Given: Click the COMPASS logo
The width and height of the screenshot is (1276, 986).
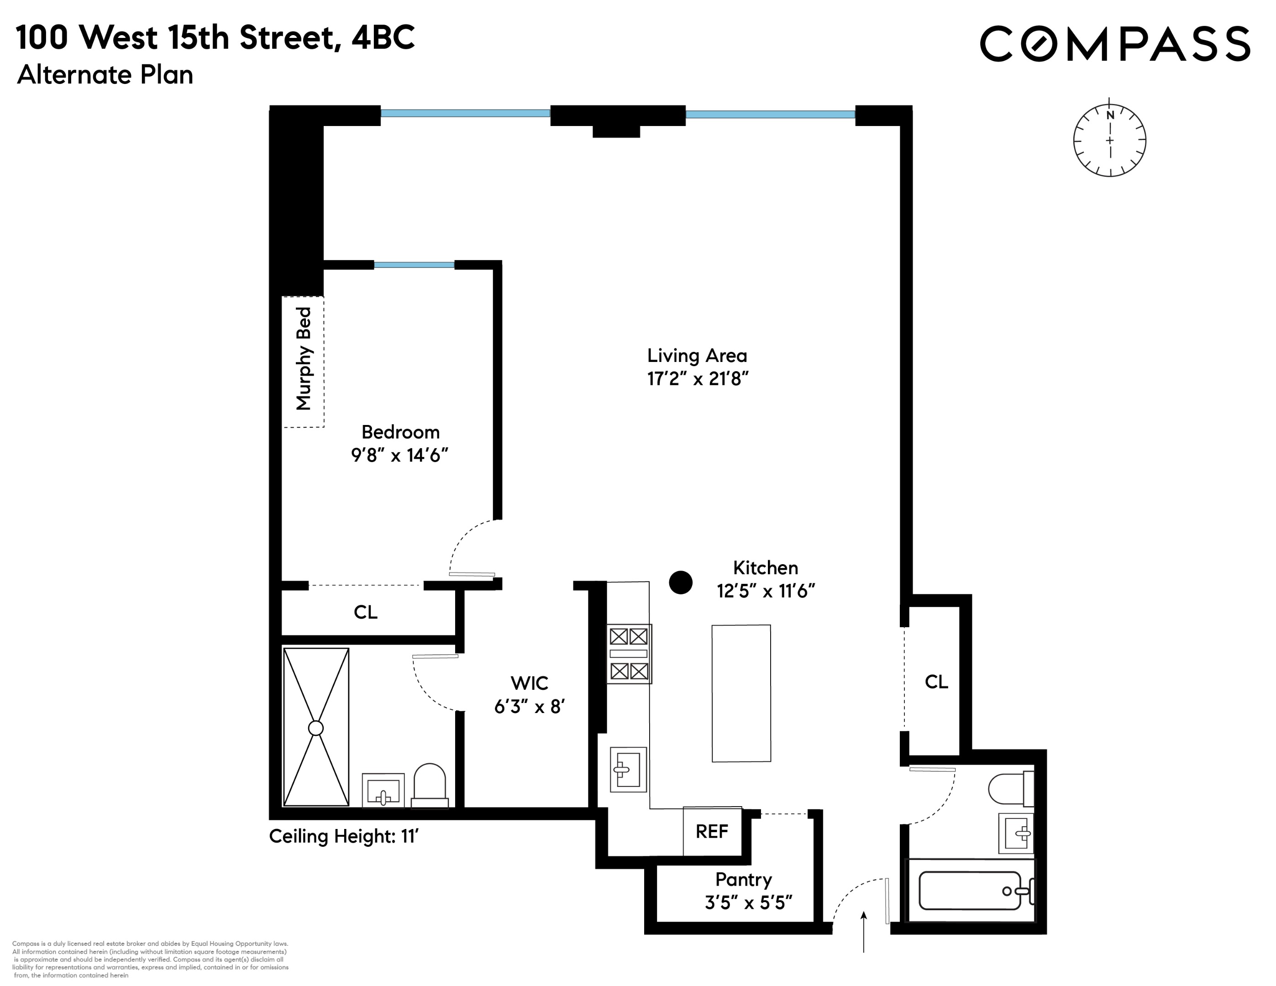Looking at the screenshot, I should pos(1114,44).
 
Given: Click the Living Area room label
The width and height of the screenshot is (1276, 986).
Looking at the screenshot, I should pos(696,355).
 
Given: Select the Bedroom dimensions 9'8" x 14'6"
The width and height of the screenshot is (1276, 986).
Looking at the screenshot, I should pos(399,455).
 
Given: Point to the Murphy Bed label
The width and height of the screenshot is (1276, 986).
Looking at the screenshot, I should pos(304,359).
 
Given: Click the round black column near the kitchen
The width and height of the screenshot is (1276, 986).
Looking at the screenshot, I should pos(680,582).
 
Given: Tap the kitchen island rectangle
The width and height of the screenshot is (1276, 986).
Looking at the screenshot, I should pos(741,693).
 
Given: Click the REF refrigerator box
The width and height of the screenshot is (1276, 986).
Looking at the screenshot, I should pos(712,832).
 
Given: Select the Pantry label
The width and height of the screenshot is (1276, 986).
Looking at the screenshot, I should pos(743,879).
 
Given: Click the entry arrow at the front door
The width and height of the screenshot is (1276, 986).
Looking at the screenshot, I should pos(863,931).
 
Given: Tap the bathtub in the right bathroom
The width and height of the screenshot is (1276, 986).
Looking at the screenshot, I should pos(970,891).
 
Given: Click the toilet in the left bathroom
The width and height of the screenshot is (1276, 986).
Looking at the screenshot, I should pos(430,786).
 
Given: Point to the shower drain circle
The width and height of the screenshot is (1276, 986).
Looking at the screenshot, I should pos(315,728).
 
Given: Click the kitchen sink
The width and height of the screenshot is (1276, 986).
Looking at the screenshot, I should pos(628,769).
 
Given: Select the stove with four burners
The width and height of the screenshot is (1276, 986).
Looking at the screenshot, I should pos(629,654).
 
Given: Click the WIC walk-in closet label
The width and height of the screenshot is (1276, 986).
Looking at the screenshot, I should pos(529,682).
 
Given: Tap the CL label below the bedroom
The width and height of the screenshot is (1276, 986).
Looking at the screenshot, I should pos(365,612).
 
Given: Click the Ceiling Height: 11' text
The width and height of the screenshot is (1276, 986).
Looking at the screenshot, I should pos(343,836).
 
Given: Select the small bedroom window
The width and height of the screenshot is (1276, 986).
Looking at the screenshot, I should pos(414,265).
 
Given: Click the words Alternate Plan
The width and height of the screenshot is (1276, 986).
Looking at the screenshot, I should pos(105,75).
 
